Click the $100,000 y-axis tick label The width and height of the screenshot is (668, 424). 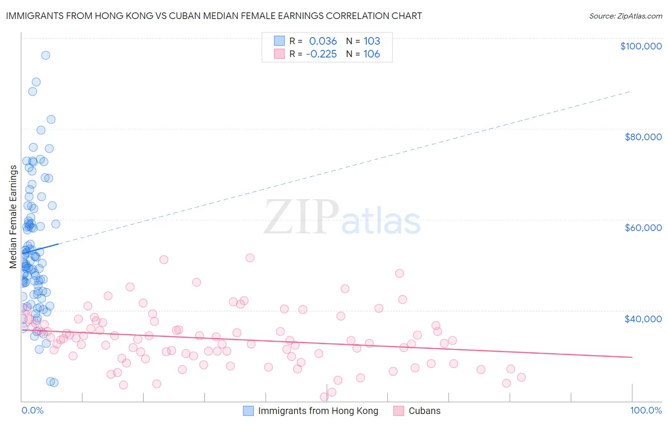coord(640,46)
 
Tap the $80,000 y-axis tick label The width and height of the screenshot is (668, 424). coord(643,137)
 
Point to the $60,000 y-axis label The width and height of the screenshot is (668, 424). coord(643,228)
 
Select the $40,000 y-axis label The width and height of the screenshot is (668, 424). coord(643,319)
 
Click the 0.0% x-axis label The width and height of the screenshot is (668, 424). coord(32,411)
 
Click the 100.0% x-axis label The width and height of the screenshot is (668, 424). coord(646,411)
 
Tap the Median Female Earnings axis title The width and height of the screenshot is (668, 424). coord(13,217)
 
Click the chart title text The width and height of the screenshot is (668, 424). coord(214,16)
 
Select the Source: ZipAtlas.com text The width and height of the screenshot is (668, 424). coord(625,16)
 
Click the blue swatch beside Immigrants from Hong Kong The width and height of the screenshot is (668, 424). coord(248,411)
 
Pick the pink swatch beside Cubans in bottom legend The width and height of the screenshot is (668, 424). coord(399,411)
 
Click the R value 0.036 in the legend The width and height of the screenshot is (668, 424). coord(323,41)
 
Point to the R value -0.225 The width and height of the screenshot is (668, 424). coord(321,54)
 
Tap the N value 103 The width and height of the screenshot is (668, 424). coord(372,41)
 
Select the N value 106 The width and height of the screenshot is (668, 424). coord(372,54)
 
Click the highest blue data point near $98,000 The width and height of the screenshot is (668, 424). coord(46,55)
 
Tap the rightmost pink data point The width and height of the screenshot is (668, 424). coord(521,377)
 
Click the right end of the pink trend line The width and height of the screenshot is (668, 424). coord(632,357)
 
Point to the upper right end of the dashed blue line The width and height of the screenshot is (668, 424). coord(631,91)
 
